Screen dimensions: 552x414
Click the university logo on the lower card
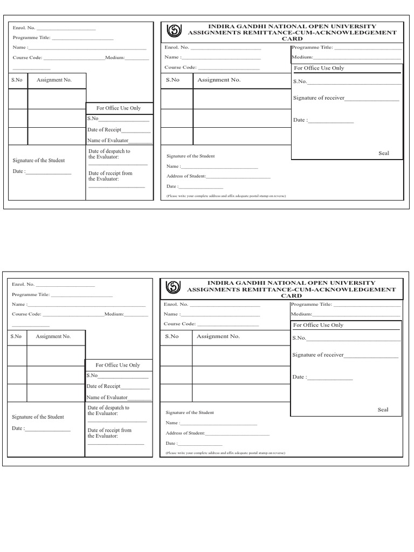coord(174,287)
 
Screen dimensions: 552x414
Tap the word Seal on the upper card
coord(383,153)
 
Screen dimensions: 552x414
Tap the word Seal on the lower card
coord(383,410)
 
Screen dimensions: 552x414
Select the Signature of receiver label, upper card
coord(319,98)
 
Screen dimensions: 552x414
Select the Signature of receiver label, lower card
coord(318,355)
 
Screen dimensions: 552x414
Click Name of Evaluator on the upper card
coord(108,140)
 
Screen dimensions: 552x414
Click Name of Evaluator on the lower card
coord(107,397)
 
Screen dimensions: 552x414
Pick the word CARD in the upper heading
coord(292,39)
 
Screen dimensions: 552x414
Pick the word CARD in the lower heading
coord(291,296)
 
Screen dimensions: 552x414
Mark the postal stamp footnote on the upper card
coord(226,196)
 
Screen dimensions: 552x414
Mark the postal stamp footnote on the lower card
coord(225,453)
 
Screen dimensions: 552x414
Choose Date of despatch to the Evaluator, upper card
coord(109,154)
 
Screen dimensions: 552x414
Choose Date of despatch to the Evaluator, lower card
coord(108,410)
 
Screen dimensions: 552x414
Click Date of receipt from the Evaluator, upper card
coord(110,176)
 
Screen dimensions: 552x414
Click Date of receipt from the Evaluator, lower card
coord(109,433)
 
